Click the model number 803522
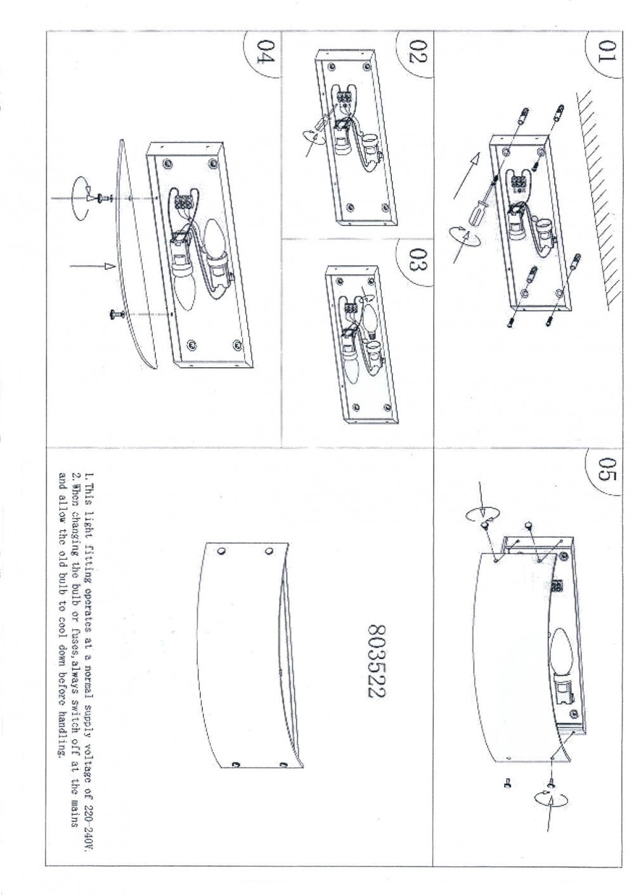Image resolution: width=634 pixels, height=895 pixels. tap(376, 669)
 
